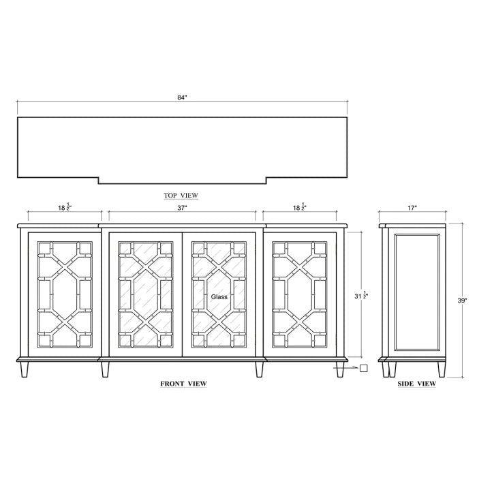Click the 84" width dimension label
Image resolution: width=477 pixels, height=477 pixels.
[182, 97]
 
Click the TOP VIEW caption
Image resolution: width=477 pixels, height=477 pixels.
[181, 196]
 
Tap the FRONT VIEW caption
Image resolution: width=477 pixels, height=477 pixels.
[184, 384]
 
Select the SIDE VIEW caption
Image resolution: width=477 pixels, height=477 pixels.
[417, 384]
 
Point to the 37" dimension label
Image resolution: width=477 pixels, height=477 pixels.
[182, 208]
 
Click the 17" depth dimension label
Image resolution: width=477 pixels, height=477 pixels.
[412, 208]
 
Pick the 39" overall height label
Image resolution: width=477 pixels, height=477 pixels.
[462, 301]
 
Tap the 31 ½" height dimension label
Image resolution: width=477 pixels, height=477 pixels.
[361, 295]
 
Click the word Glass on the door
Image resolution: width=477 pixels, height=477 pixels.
[219, 296]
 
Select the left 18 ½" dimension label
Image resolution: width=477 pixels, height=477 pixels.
[65, 207]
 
